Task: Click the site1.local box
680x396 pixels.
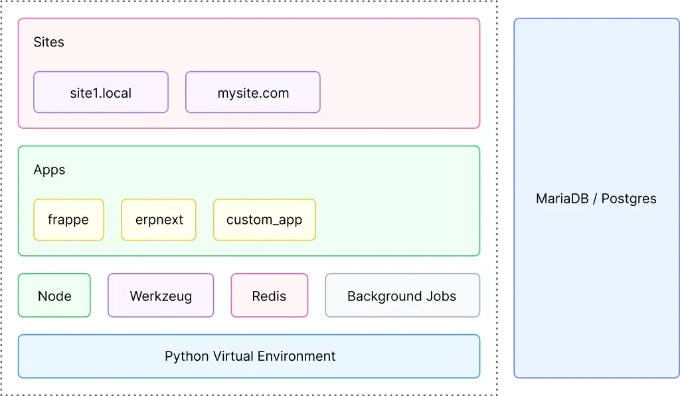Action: point(101,92)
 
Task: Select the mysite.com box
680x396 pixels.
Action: point(253,92)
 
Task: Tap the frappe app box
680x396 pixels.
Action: point(68,219)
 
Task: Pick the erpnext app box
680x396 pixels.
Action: point(159,219)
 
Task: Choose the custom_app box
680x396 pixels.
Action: point(264,219)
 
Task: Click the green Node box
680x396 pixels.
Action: point(54,296)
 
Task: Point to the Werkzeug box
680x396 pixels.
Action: point(161,296)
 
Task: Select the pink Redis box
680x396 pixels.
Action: point(269,296)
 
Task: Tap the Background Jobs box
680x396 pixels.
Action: point(402,296)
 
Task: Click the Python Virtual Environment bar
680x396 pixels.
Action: point(249,356)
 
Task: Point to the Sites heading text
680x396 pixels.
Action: point(49,42)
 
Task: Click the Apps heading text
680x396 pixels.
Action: point(50,169)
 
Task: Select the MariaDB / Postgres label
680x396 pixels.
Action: point(596,198)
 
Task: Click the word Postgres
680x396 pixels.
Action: point(629,198)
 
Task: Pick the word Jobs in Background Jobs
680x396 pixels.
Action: point(442,296)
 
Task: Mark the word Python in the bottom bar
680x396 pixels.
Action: point(187,357)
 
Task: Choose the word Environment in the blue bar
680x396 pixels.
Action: point(297,356)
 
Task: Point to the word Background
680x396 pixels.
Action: point(385,296)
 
